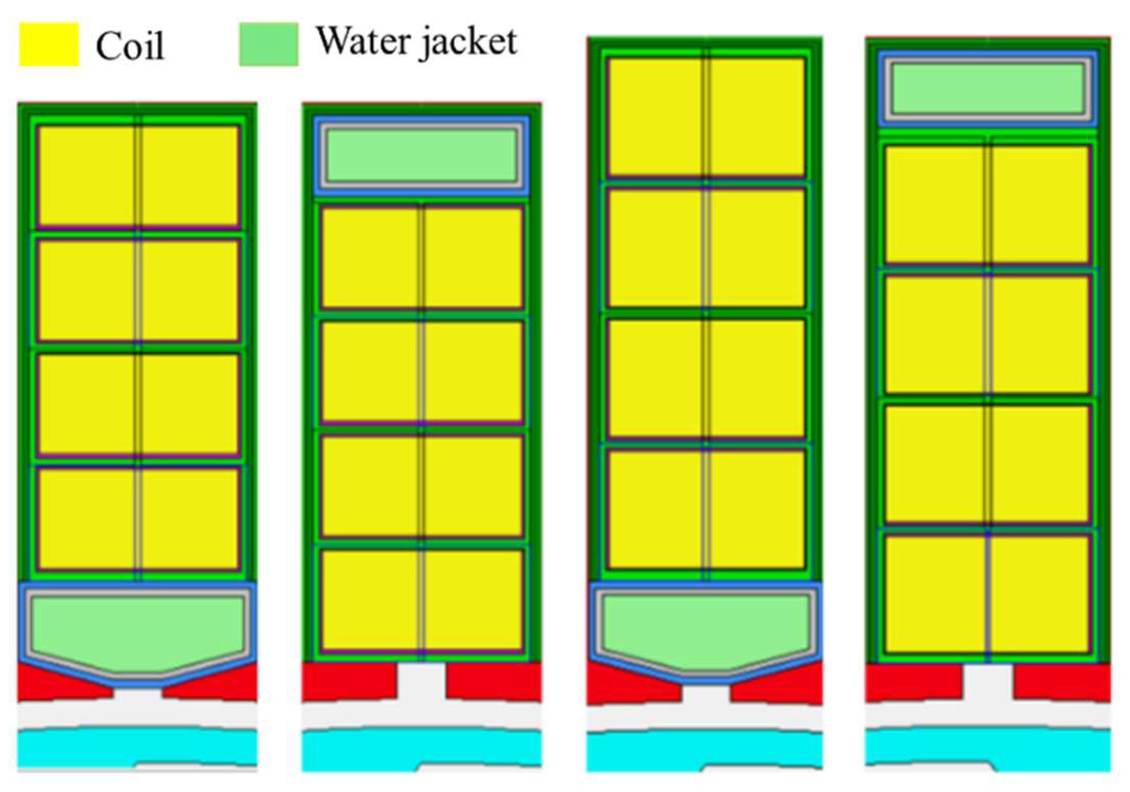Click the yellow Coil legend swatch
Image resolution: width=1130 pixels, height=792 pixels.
tap(49, 44)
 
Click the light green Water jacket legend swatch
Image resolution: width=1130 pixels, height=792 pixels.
tap(269, 44)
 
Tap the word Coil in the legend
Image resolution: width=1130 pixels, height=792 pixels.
tap(130, 46)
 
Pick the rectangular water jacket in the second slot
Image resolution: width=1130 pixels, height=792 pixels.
tap(421, 155)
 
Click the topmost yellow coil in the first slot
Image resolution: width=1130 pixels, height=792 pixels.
tap(138, 176)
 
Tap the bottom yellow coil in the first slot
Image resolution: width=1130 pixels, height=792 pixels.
tap(138, 518)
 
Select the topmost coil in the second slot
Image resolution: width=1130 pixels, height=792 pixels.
tap(422, 258)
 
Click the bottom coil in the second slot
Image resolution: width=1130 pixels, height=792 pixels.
tap(422, 600)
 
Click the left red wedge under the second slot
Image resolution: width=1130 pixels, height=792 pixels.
tap(349, 681)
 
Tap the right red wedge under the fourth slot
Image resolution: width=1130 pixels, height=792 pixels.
tap(1061, 681)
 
